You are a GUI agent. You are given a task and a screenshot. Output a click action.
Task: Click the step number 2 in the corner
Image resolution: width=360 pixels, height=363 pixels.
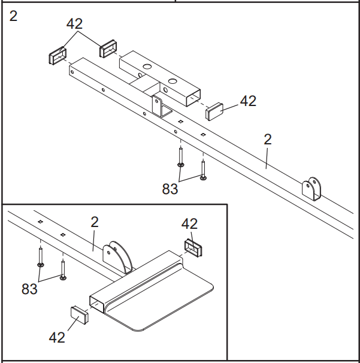13,16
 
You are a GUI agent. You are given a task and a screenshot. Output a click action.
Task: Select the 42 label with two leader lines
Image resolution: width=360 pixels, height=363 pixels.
75,24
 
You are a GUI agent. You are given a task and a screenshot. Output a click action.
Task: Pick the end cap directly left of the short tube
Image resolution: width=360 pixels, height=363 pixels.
108,48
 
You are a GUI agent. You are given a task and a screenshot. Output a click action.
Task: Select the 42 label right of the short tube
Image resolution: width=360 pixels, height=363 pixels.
248,101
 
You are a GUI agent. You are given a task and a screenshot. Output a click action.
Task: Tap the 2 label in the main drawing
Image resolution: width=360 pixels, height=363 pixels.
268,140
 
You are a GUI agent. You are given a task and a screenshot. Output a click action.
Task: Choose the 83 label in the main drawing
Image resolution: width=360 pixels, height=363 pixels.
170,189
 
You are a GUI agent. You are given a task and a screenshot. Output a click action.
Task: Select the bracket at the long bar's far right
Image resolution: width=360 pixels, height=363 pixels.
313,189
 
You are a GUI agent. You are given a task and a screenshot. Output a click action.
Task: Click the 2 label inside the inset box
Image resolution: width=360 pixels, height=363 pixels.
95,222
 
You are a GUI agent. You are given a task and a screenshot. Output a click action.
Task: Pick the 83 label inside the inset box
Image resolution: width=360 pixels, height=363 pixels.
29,289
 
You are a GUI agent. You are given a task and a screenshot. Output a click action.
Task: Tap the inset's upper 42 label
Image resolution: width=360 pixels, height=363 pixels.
189,223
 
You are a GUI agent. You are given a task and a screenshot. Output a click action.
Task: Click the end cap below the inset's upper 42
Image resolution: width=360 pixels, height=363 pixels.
193,246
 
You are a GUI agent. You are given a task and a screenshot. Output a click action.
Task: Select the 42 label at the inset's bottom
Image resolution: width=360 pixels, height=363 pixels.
57,337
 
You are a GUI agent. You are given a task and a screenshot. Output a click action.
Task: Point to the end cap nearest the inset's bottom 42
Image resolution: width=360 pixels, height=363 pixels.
80,314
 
